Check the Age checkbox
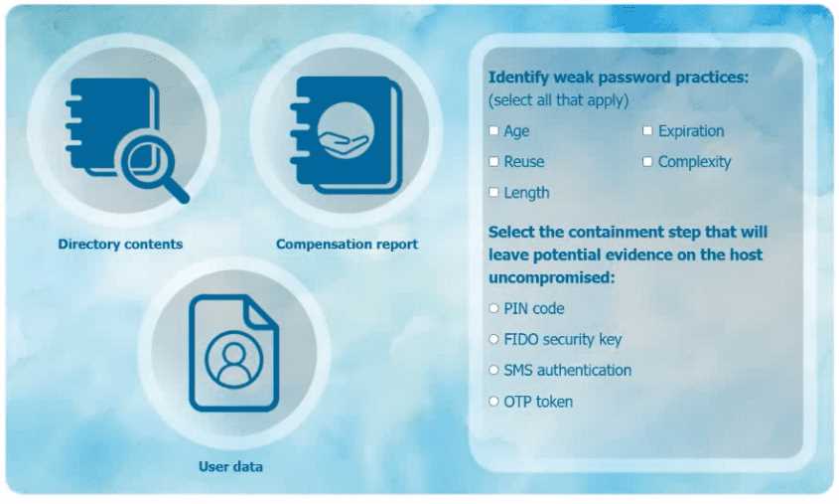(493, 131)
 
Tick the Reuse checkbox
(493, 162)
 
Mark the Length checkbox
(493, 193)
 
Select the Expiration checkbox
(647, 131)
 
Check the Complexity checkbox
(647, 162)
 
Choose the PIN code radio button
(493, 309)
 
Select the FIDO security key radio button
(493, 340)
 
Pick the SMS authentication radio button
(493, 371)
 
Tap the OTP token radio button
(493, 402)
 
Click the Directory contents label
(120, 245)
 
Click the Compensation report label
(347, 245)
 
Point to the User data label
(230, 466)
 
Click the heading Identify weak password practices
(618, 78)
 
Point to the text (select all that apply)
(558, 100)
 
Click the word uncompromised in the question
(551, 277)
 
